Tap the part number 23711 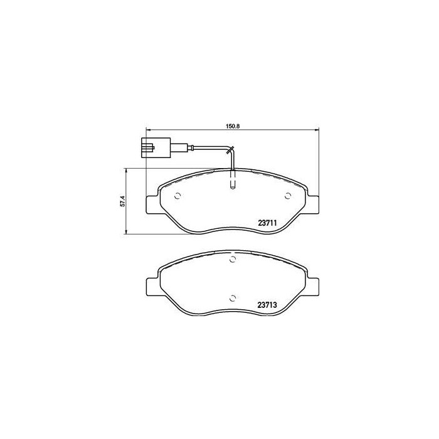point(268,221)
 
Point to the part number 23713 point(268,305)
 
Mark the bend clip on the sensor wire point(231,151)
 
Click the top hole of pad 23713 point(232,260)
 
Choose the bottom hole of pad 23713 point(232,298)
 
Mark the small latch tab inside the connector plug point(148,149)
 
